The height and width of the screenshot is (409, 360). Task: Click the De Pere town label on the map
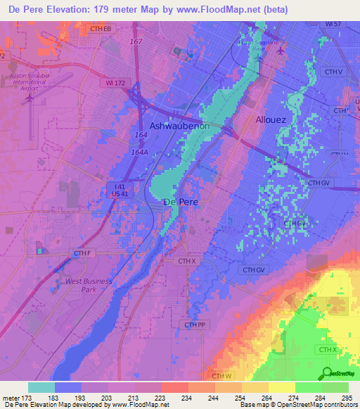pyautogui.click(x=180, y=202)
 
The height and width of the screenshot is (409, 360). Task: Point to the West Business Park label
pyautogui.click(x=89, y=285)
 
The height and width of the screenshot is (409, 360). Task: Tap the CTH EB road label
pyautogui.click(x=101, y=29)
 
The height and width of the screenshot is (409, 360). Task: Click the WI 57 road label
pyautogui.click(x=333, y=24)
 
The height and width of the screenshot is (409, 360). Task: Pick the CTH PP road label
pyautogui.click(x=195, y=325)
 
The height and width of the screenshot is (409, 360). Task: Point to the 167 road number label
pyautogui.click(x=136, y=42)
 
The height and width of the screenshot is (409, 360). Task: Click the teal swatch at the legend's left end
pyautogui.click(x=41, y=387)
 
